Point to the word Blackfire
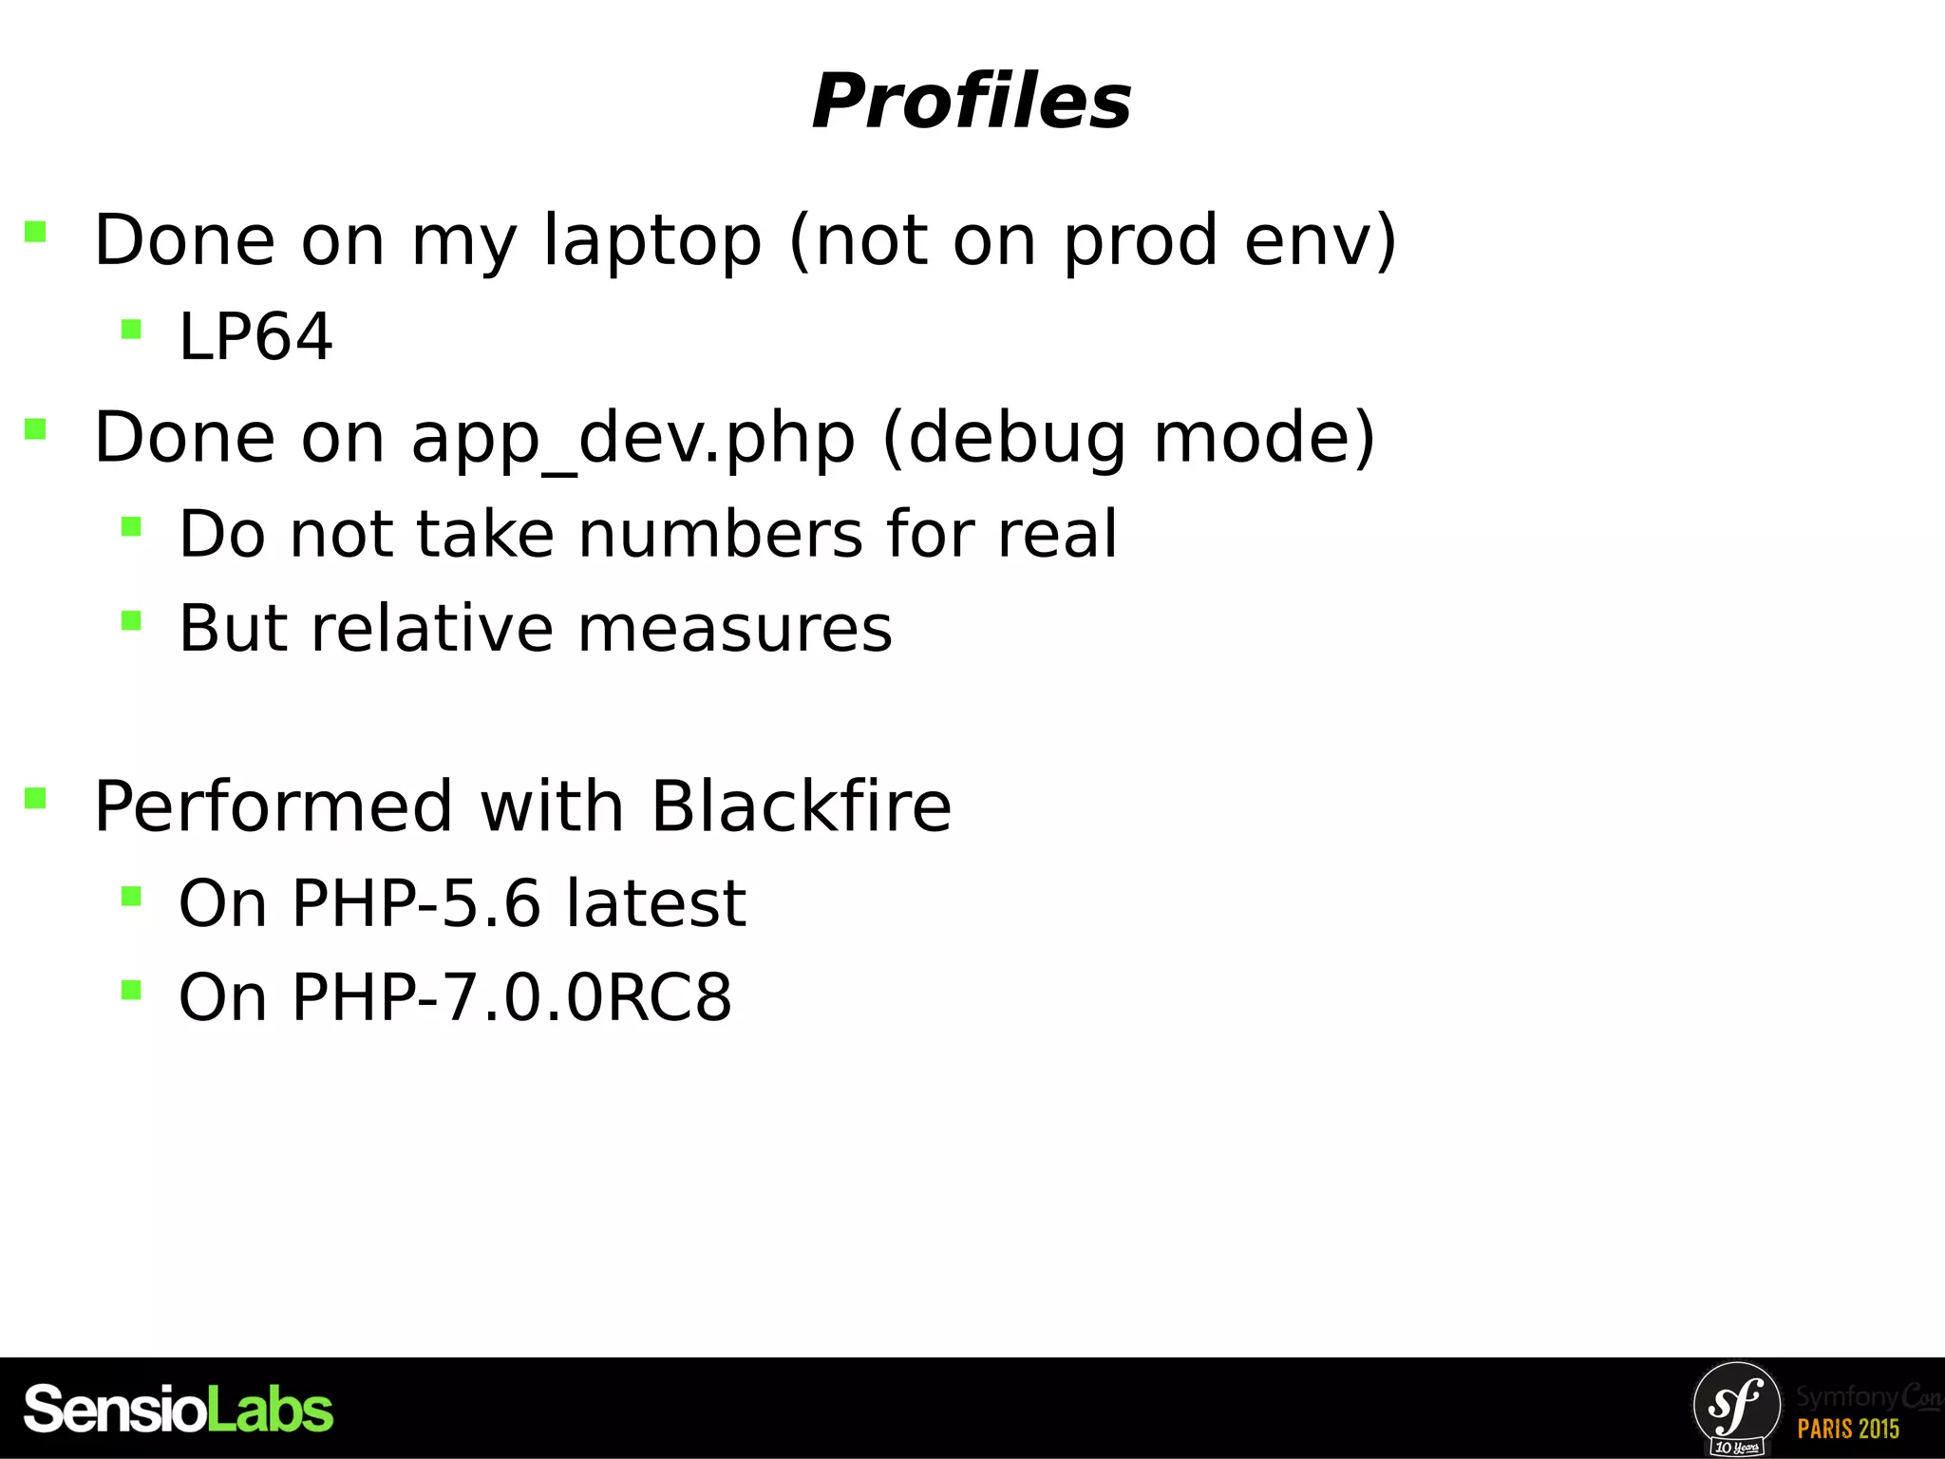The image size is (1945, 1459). point(801,805)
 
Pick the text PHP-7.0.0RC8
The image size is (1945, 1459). point(511,997)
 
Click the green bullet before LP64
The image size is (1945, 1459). point(131,330)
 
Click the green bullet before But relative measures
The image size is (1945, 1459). point(131,621)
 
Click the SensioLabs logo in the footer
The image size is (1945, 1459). point(178,1409)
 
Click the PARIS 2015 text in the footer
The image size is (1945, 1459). point(1847,1428)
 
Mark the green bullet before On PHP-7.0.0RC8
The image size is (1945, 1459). point(131,991)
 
